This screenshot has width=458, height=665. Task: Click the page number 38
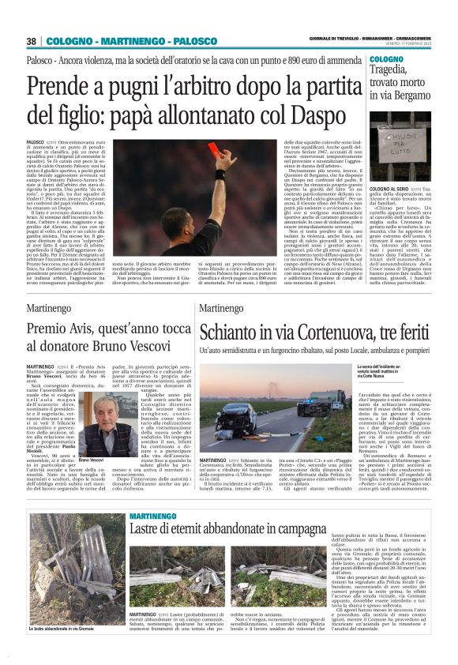click(x=32, y=41)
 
